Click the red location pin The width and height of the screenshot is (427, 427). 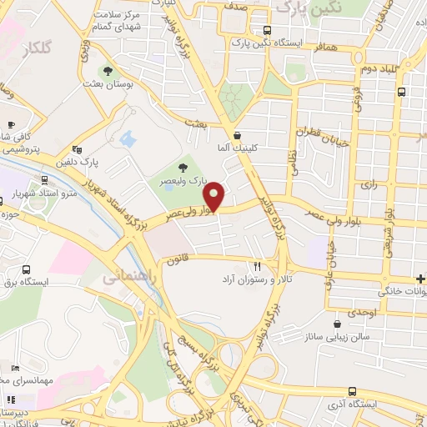(216, 197)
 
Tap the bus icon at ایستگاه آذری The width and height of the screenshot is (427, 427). (353, 391)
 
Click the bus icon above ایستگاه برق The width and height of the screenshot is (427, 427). (27, 270)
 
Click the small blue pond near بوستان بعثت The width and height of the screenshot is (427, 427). (128, 138)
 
